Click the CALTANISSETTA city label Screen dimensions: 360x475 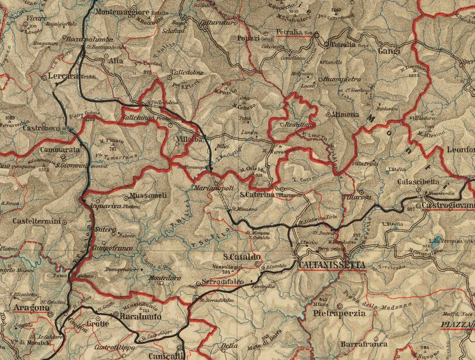(x=331, y=264)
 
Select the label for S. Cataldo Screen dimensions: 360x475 (x=242, y=257)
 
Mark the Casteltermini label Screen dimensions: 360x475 (x=36, y=221)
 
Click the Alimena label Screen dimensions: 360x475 (x=347, y=114)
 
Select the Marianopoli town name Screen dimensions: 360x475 (x=210, y=187)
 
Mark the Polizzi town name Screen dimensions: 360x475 (x=248, y=39)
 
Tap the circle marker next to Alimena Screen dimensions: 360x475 (x=329, y=113)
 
